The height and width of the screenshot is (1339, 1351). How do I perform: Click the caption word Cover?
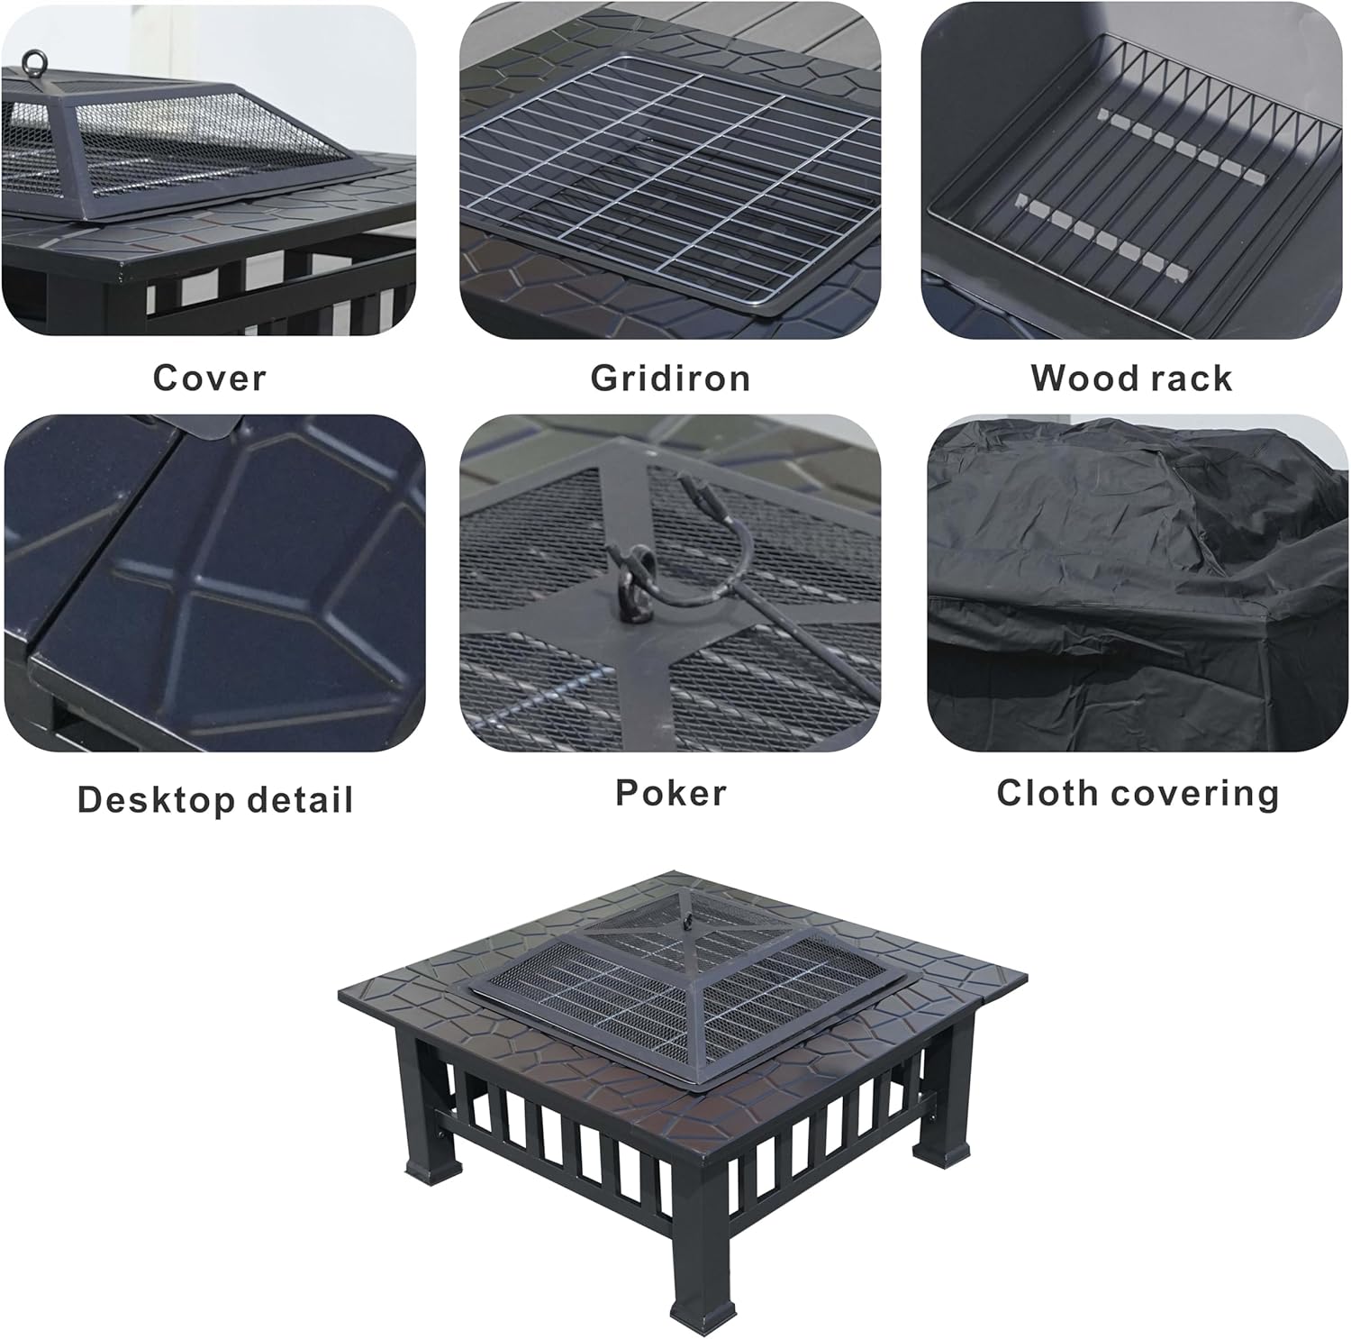coord(209,378)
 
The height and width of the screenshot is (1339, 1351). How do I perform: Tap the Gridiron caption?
coord(670,378)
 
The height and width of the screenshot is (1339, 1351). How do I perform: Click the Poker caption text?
coord(670,793)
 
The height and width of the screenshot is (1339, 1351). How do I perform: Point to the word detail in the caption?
coord(301,800)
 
